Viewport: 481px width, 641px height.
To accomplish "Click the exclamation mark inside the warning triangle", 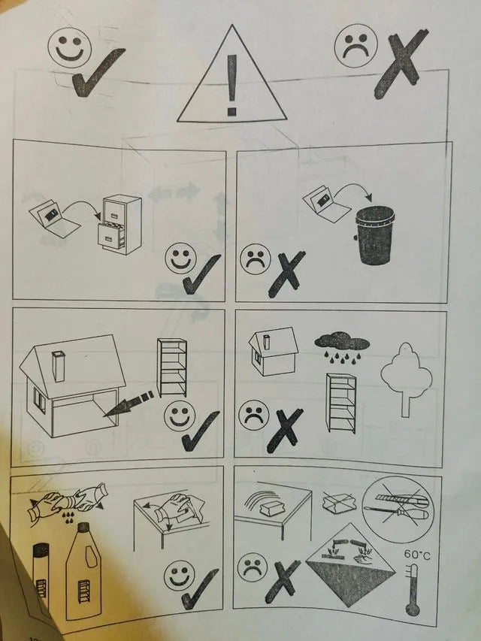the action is coord(232,85).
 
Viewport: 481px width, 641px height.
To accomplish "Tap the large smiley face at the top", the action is coord(70,48).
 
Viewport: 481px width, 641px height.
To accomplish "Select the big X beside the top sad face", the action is coord(401,63).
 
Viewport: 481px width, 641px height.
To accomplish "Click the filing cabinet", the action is coord(119,225).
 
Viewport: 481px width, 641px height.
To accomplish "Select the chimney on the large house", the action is coord(59,366).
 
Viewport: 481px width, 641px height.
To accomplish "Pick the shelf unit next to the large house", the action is coord(172,367).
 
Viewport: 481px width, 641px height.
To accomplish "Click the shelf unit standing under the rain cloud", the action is coord(341,403).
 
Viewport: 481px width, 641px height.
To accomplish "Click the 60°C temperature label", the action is coord(417,555).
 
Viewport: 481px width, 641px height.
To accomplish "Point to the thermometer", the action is coord(413,589).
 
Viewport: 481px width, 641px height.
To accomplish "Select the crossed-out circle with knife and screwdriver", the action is coord(398,509).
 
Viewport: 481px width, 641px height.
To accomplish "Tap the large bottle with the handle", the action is coord(83,571).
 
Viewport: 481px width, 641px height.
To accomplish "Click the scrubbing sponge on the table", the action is coord(272,508).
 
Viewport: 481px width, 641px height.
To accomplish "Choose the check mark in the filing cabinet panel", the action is coord(201,274).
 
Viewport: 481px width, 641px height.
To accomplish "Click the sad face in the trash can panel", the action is coord(256,259).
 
